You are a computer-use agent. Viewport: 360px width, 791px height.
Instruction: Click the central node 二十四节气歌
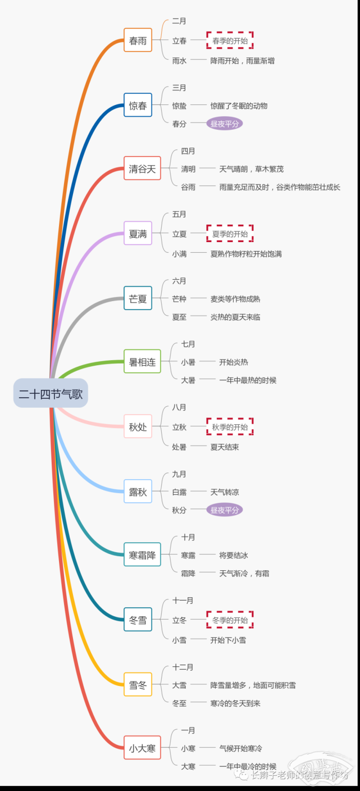tap(51, 393)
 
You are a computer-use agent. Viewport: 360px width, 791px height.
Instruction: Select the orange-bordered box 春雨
tap(138, 40)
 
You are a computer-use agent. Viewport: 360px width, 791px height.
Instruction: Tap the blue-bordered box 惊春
tap(138, 105)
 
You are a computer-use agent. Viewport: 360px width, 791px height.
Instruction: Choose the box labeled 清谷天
tap(142, 169)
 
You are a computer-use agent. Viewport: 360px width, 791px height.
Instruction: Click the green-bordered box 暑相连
tap(142, 362)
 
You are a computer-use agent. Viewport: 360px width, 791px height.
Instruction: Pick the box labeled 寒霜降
tap(142, 554)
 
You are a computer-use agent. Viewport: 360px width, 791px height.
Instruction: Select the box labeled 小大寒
tap(142, 748)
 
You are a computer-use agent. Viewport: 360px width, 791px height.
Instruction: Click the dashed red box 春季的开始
tap(230, 40)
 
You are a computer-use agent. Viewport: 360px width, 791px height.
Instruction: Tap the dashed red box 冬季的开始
tap(230, 620)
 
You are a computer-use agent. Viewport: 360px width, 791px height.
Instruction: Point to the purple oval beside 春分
tap(225, 124)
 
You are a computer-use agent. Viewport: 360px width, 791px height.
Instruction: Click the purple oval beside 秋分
tap(225, 510)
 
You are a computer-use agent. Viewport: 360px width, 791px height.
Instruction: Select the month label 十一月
tap(183, 601)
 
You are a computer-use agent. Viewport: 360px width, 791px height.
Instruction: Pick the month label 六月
tap(179, 281)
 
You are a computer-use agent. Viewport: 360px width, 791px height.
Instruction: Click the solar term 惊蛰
tap(179, 106)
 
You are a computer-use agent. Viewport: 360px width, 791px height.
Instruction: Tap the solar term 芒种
tap(179, 299)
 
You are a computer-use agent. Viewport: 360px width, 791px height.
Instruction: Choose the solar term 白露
tap(179, 492)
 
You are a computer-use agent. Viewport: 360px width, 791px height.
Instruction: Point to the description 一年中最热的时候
tap(248, 380)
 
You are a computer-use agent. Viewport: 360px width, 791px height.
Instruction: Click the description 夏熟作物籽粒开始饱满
tap(246, 253)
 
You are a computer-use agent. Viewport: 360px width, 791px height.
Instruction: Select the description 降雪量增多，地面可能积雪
tap(253, 685)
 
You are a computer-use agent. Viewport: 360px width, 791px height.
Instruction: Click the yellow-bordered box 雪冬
tap(138, 685)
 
